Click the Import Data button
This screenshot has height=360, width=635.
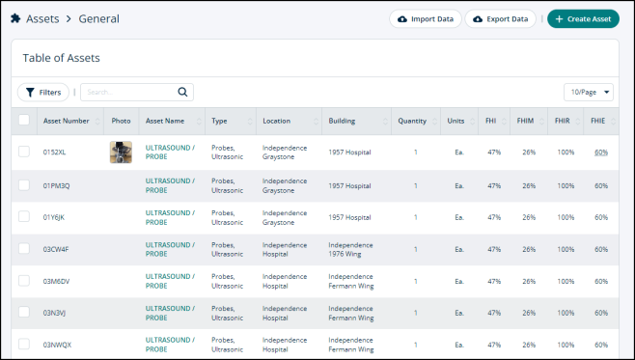426,19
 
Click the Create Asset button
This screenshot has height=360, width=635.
583,19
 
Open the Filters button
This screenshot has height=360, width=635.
43,93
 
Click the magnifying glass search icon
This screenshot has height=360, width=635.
182,92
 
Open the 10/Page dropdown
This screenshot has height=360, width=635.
589,93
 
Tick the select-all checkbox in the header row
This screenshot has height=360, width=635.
24,120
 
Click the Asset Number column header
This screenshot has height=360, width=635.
66,121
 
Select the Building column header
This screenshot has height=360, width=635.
342,121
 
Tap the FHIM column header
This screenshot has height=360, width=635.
525,121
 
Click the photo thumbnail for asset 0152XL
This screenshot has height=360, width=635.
121,152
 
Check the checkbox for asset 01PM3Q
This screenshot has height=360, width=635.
24,185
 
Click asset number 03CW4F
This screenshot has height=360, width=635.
56,249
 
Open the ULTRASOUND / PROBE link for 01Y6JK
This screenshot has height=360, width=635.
170,217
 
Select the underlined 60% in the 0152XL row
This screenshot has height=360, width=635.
601,152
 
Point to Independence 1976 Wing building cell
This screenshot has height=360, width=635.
350,249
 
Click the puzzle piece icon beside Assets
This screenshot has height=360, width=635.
15,18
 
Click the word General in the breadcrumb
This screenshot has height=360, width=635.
98,18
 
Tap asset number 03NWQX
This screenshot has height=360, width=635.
57,345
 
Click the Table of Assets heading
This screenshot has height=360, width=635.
61,58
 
